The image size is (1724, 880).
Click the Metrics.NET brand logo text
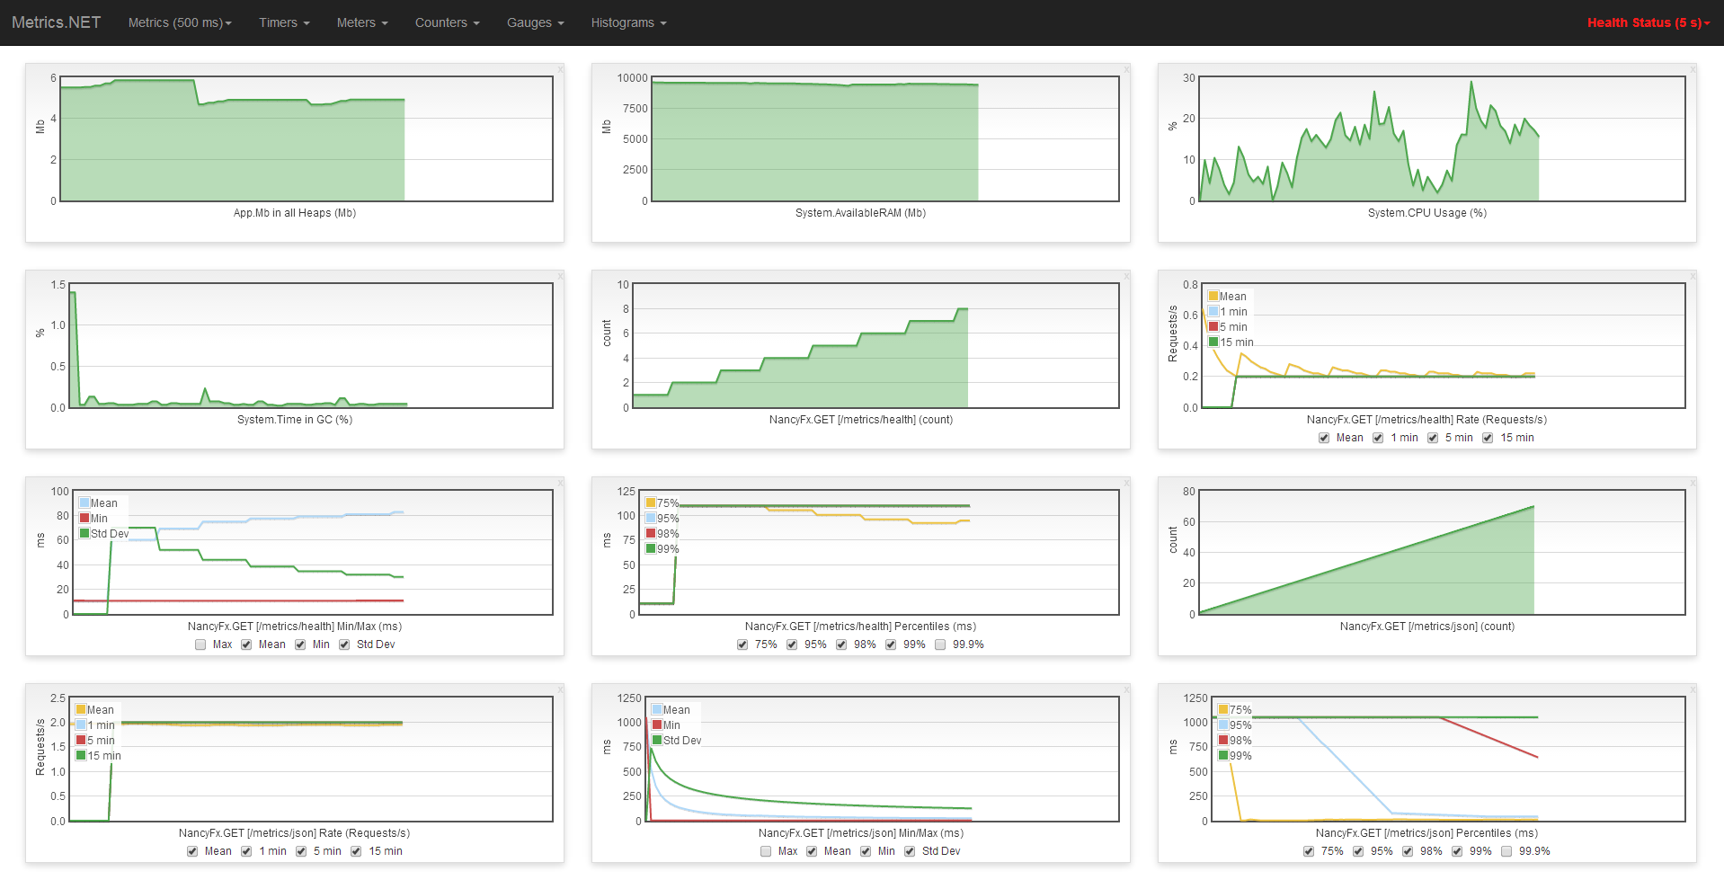point(56,22)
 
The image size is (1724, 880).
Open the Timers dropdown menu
point(284,22)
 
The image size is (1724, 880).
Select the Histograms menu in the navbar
point(628,22)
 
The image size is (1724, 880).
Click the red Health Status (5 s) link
point(1648,22)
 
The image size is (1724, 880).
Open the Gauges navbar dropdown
point(535,22)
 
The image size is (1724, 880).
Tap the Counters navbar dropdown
point(447,22)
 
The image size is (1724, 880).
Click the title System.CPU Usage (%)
point(1426,213)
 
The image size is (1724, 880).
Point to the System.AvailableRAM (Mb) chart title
point(860,213)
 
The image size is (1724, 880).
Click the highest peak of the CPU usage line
point(1471,83)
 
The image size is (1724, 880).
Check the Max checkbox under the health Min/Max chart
point(200,644)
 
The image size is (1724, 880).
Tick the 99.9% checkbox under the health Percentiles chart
point(940,644)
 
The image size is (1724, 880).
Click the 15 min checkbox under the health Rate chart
point(1488,438)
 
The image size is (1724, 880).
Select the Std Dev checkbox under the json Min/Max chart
point(910,851)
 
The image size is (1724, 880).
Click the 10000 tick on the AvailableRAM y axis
point(632,78)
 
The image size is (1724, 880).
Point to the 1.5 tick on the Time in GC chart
point(58,285)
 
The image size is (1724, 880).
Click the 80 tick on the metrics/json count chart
point(1189,492)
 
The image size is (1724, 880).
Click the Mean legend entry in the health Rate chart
point(1232,297)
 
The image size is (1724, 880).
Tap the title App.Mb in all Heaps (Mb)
point(294,213)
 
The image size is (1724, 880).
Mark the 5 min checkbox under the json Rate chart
point(301,851)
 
